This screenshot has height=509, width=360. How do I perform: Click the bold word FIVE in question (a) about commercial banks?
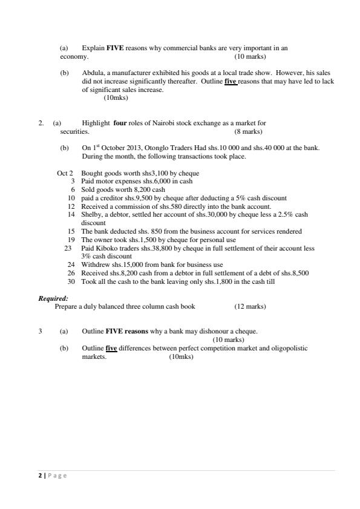pos(115,48)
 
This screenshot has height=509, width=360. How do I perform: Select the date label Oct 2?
pos(65,173)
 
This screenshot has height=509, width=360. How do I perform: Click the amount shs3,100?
pos(140,173)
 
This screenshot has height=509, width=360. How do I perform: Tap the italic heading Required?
pos(53,298)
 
